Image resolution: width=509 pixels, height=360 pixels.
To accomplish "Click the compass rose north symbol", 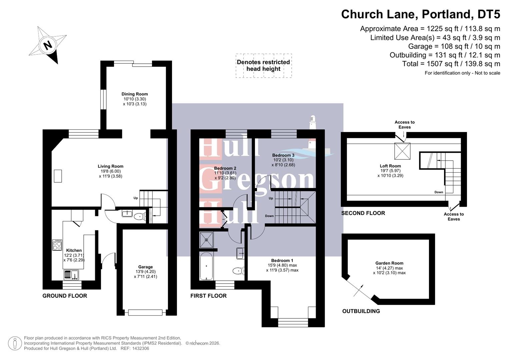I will click(x=48, y=45).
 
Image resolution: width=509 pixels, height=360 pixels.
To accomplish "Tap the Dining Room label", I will click(x=134, y=94).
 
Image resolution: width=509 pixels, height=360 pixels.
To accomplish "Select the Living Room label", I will click(x=110, y=166).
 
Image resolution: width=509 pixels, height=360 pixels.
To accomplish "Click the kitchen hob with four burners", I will click(x=57, y=245).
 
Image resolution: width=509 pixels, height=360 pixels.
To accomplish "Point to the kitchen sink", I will click(x=71, y=275).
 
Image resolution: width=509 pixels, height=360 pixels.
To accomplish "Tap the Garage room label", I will click(x=145, y=267).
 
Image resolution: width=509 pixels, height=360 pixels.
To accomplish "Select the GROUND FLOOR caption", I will click(x=65, y=296).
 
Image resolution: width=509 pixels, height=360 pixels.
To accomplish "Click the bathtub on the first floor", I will click(x=206, y=266).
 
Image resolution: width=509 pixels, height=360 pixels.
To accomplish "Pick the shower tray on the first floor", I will click(x=206, y=240).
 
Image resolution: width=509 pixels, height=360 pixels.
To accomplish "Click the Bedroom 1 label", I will click(x=282, y=261).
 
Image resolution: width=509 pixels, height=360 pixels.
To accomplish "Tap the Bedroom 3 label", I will click(x=283, y=155).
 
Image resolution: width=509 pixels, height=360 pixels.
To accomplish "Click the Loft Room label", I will click(x=390, y=166).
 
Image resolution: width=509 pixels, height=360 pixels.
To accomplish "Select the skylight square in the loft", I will click(x=402, y=151).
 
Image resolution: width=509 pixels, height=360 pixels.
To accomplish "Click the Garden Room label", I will click(x=389, y=263).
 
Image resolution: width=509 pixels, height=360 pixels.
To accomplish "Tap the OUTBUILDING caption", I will click(x=361, y=311).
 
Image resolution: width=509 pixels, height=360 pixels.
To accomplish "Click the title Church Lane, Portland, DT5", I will click(x=420, y=14).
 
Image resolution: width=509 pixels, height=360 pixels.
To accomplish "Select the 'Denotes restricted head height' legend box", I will click(x=263, y=66).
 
